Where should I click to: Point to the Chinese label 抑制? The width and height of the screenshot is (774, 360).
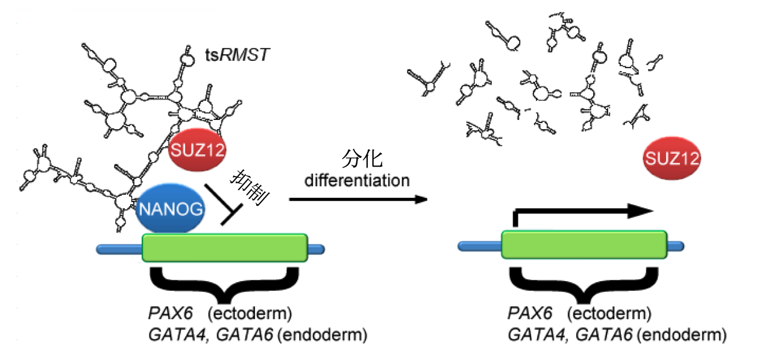click(249, 188)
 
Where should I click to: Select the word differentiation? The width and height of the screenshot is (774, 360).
click(357, 180)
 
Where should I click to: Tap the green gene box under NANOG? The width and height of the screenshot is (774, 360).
click(225, 247)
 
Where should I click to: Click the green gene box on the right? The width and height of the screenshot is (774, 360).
click(584, 247)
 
